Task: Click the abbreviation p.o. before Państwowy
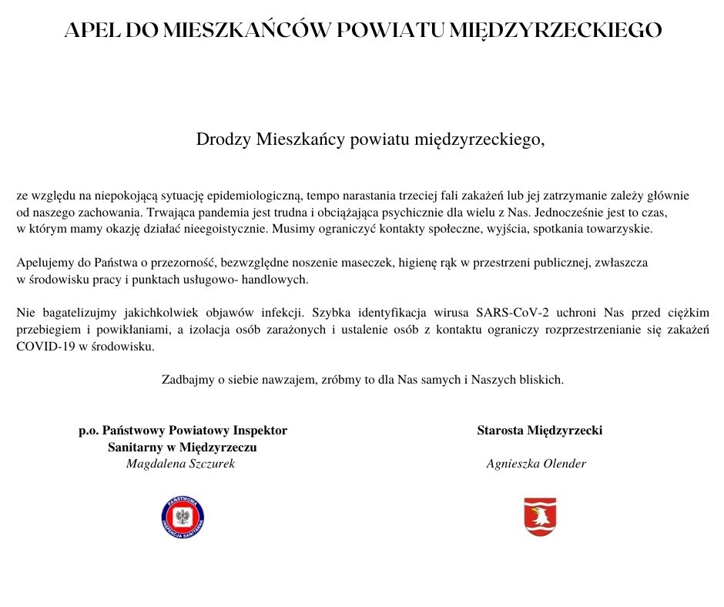click(x=89, y=431)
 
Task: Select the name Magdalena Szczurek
click(x=180, y=464)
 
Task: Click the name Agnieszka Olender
click(x=536, y=464)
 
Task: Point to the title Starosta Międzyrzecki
click(x=539, y=431)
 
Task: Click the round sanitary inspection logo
click(x=183, y=517)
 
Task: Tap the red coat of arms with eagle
click(x=540, y=517)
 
